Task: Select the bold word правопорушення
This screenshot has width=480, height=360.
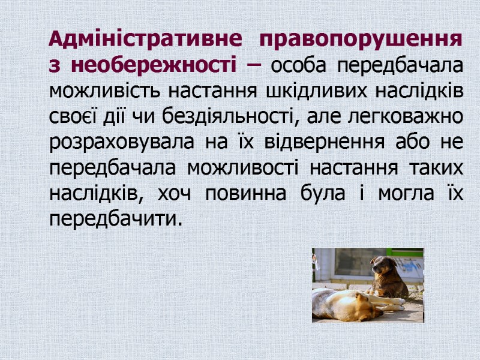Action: tap(362, 41)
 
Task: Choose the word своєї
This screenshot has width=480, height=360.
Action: tap(70, 117)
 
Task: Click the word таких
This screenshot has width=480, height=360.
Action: tap(433, 169)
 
